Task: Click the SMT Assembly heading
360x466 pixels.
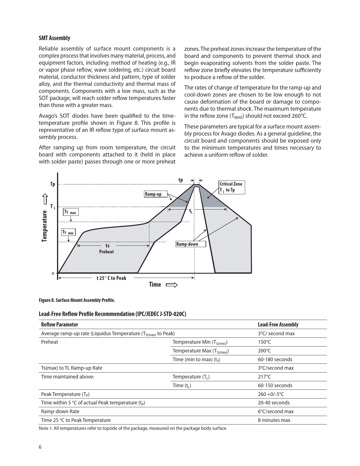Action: (54, 38)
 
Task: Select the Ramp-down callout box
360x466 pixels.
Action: (191, 244)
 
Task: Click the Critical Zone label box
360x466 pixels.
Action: (232, 187)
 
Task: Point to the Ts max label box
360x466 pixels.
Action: (71, 212)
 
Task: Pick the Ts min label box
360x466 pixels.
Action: (68, 232)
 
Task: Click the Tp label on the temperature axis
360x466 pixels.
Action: (53, 184)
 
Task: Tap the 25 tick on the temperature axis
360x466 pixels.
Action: (53, 273)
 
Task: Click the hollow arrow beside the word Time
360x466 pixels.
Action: (172, 285)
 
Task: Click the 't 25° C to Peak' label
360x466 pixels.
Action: (111, 278)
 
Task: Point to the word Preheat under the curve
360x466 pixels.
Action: (106, 252)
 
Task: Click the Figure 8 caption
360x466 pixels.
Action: (77, 300)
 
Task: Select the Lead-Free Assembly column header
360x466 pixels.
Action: (278, 325)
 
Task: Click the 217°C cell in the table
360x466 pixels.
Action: (264, 377)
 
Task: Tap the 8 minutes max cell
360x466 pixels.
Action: (274, 420)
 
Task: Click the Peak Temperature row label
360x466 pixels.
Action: (65, 394)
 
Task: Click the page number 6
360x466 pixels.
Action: (40, 447)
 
